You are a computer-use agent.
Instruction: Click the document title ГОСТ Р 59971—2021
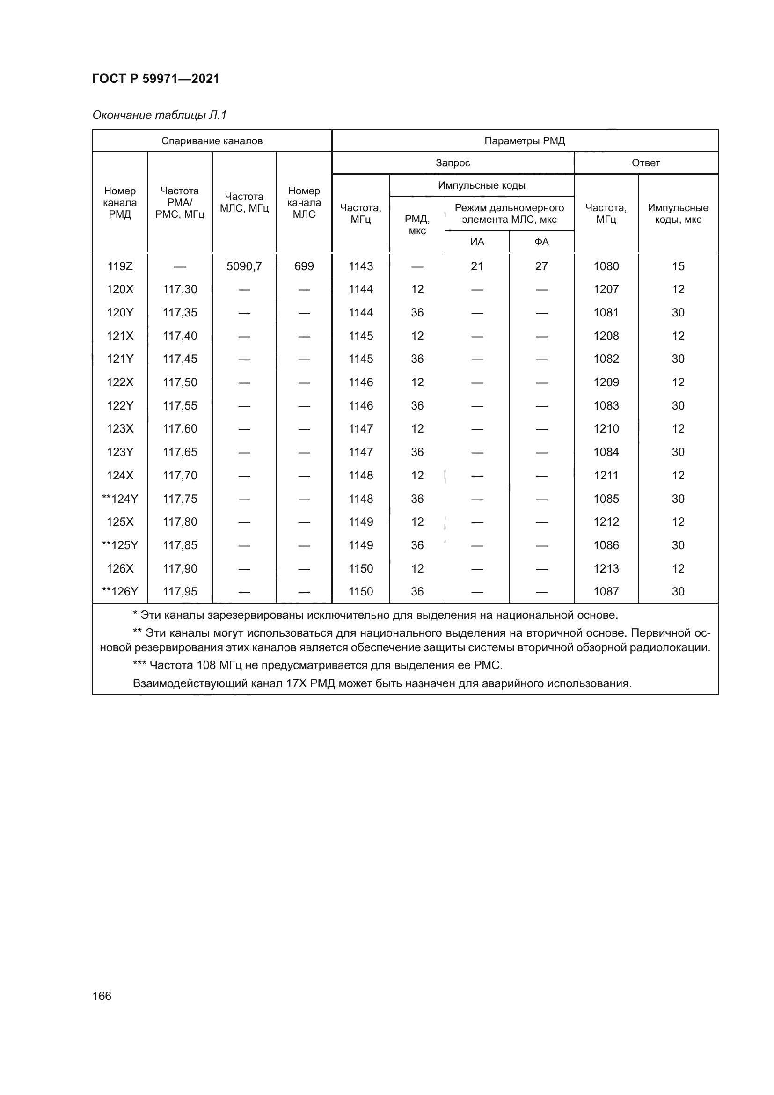point(156,79)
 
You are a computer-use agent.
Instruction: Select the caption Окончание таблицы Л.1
point(160,115)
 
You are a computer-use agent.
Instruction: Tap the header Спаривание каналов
point(212,141)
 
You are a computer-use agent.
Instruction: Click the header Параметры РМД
point(524,141)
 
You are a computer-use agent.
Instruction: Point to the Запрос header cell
point(453,162)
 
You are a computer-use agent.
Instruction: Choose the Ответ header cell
point(645,162)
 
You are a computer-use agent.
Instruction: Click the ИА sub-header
point(476,242)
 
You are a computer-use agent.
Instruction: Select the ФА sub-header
point(541,242)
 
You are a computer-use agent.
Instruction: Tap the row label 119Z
point(120,266)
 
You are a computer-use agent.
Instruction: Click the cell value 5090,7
point(244,266)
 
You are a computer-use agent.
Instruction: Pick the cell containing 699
point(304,266)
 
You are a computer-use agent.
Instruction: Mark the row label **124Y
point(120,499)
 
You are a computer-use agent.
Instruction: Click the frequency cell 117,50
point(180,382)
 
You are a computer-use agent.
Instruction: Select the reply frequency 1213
point(606,568)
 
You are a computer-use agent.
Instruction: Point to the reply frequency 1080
point(606,266)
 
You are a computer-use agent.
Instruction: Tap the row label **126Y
point(120,592)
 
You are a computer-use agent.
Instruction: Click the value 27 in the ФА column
point(541,266)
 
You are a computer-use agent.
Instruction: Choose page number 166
point(102,996)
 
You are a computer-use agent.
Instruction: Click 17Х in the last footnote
point(296,683)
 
